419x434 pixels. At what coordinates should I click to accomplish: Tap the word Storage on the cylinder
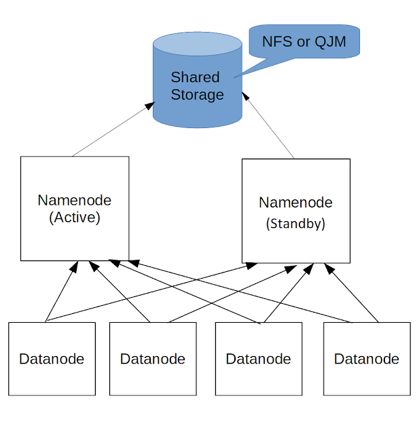[197, 94]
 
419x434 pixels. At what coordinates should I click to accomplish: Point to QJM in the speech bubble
[330, 42]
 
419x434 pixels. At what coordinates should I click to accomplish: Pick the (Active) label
[75, 218]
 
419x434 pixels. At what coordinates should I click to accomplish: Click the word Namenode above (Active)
[75, 201]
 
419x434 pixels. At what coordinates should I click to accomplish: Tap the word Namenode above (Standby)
[295, 203]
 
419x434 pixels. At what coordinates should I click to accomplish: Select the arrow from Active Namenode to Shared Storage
[112, 130]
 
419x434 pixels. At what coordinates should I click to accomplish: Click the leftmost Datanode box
[52, 358]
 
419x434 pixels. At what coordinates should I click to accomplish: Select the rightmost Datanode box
[367, 358]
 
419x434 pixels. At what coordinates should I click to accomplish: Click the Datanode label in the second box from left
[153, 359]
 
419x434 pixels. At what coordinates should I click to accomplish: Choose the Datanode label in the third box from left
[258, 359]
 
